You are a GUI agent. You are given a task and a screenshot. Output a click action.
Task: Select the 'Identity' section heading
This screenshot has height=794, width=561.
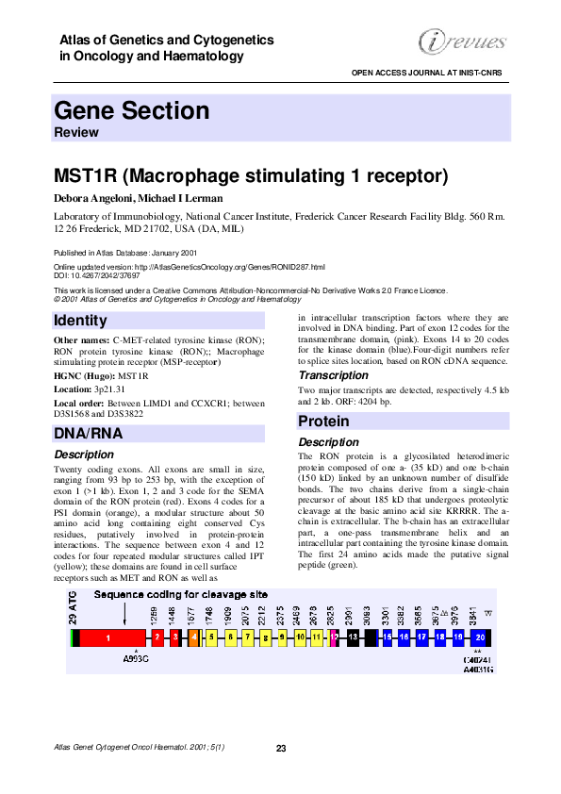point(81,321)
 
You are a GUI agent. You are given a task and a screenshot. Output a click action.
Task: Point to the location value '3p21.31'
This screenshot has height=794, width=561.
point(112,388)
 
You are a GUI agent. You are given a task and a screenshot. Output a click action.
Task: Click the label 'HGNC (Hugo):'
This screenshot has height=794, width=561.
point(83,374)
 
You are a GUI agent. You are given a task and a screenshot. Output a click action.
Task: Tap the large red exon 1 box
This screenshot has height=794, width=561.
point(108,664)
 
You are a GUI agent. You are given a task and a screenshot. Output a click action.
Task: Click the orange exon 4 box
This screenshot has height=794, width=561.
point(193,664)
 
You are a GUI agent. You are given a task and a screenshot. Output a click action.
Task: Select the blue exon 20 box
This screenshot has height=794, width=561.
point(480,664)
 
